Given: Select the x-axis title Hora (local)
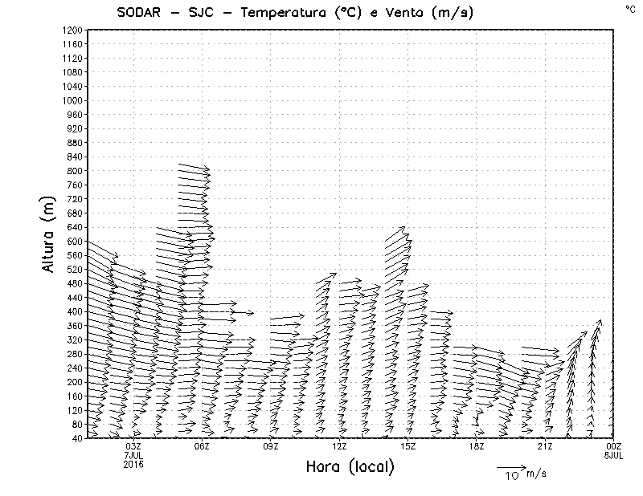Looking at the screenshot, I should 350,466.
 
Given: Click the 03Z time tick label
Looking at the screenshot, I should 133,446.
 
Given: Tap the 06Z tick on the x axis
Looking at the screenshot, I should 202,446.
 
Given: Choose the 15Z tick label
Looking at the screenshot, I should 408,446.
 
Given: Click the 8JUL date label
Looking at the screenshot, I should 612,455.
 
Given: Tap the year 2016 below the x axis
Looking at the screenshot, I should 133,463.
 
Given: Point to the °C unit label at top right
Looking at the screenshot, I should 629,9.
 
